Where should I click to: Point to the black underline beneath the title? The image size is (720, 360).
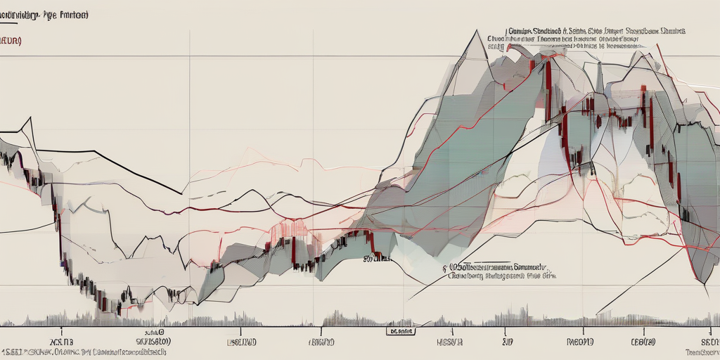tap(49, 22)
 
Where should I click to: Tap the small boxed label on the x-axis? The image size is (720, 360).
tap(401, 329)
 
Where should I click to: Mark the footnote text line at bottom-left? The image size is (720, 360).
tap(84, 351)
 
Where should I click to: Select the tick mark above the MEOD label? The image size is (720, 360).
tap(581, 329)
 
